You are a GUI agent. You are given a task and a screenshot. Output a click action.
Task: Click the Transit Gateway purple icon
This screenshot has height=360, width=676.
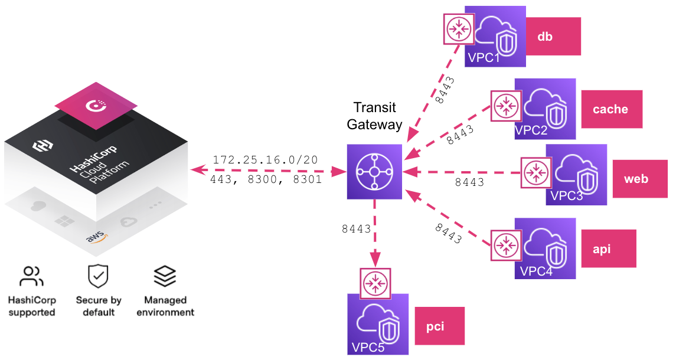[374, 172]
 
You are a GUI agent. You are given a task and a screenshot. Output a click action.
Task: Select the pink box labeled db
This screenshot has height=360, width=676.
[553, 37]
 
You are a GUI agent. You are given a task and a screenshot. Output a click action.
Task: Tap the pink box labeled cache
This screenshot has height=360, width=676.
[612, 109]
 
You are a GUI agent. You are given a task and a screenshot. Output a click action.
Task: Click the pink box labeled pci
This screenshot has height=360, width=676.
[439, 326]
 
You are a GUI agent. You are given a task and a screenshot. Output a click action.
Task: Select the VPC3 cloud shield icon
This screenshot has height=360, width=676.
[576, 175]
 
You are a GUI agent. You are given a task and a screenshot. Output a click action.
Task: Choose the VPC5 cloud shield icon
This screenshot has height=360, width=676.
[378, 324]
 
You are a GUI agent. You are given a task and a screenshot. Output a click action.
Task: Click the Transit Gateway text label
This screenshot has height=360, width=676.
[374, 116]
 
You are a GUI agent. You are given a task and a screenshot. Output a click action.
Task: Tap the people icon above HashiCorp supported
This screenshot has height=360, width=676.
[31, 276]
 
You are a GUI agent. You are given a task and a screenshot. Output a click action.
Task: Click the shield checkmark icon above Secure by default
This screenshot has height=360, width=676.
[98, 276]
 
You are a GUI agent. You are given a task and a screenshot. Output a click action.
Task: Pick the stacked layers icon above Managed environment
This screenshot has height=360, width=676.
[165, 276]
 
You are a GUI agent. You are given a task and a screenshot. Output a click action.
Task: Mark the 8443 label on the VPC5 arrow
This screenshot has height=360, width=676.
[356, 228]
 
